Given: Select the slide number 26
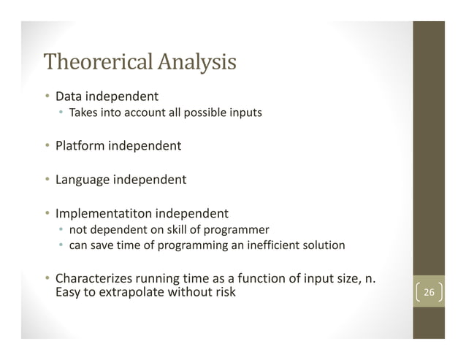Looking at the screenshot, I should pyautogui.click(x=429, y=294).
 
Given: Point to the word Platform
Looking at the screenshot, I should pyautogui.click(x=80, y=145).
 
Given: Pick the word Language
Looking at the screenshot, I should pyautogui.click(x=83, y=179).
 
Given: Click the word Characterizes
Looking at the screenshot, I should pyautogui.click(x=93, y=278).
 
